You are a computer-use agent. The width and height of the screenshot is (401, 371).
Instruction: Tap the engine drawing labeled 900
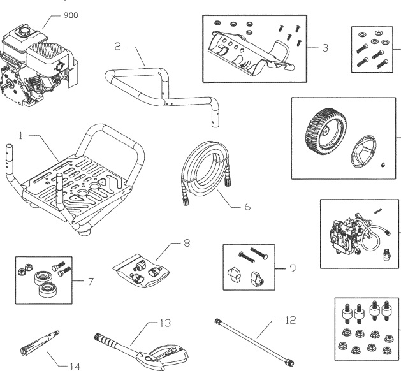(x=38, y=60)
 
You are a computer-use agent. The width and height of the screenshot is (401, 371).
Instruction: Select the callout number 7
(x=89, y=280)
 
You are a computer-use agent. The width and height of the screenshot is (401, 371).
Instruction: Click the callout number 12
(x=291, y=322)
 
